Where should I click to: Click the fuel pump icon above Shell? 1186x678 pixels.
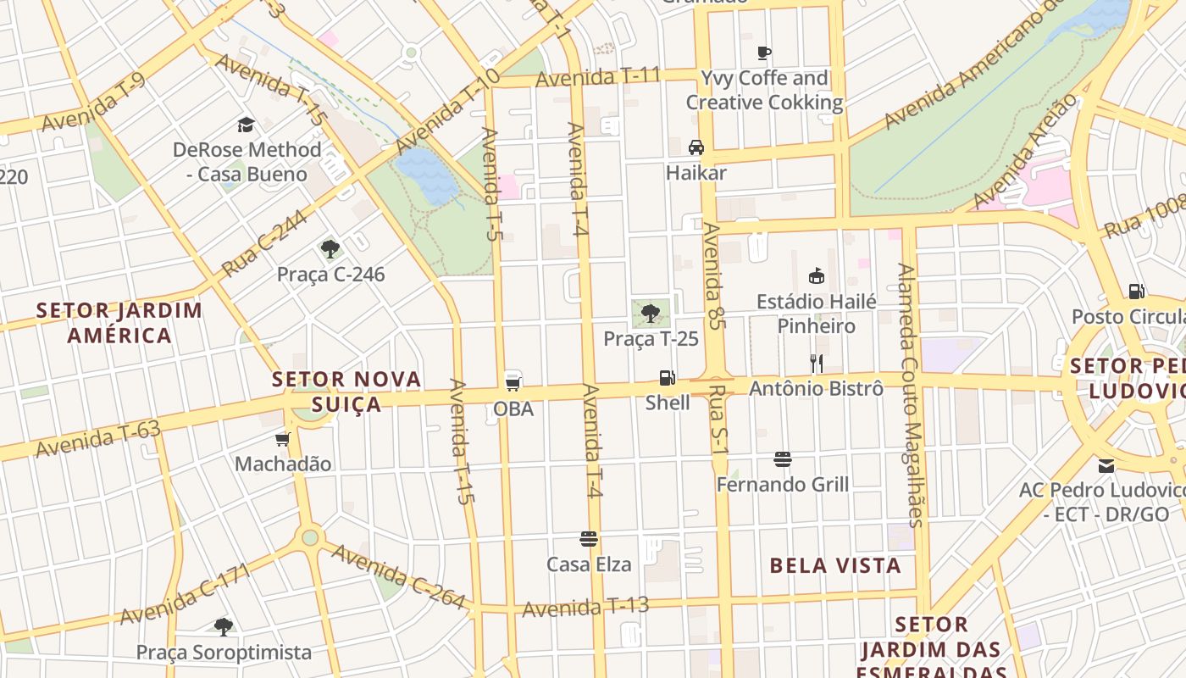tap(668, 378)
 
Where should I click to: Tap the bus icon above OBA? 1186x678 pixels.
tap(513, 380)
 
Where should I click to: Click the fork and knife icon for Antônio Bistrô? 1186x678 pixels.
tap(816, 364)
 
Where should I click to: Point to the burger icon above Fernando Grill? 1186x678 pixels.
tap(783, 459)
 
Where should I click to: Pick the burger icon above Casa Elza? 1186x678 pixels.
tap(589, 539)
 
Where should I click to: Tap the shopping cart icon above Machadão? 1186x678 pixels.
tap(283, 439)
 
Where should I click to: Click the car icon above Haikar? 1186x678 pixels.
tap(696, 147)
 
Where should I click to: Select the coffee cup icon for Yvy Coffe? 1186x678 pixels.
tap(764, 53)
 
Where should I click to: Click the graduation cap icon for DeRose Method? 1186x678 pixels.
tap(246, 125)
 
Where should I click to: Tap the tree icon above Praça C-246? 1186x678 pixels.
tap(330, 249)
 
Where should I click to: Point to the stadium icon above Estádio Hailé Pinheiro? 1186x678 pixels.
tap(817, 276)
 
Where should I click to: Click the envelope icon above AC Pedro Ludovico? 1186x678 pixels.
tap(1106, 465)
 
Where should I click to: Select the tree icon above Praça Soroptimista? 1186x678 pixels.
tap(224, 627)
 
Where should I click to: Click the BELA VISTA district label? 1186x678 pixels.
tap(835, 565)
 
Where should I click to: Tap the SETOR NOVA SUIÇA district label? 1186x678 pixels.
tap(346, 392)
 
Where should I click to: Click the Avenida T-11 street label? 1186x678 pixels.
tap(598, 77)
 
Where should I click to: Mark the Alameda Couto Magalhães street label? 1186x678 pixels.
tap(912, 395)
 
